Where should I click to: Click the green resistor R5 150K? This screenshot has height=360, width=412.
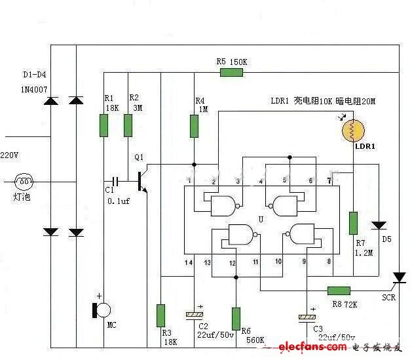[x=231, y=71]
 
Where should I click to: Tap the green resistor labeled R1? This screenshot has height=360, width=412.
[x=103, y=125]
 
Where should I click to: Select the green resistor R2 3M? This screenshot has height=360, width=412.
[x=128, y=125]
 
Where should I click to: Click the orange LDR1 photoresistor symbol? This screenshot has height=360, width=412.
[x=352, y=130]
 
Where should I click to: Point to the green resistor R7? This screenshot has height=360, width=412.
[x=353, y=223]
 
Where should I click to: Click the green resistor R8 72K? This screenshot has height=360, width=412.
[x=338, y=290]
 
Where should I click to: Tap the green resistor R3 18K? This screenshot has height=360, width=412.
[x=160, y=315]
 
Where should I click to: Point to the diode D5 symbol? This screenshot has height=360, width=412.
[x=378, y=225]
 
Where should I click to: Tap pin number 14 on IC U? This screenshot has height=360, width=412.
[x=189, y=262]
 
